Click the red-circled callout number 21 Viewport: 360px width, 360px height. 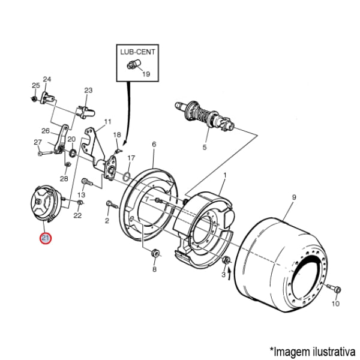pyautogui.click(x=46, y=238)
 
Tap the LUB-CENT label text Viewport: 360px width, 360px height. pyautogui.click(x=137, y=52)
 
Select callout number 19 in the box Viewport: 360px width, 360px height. pyautogui.click(x=146, y=75)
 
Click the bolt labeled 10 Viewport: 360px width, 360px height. pyautogui.click(x=335, y=290)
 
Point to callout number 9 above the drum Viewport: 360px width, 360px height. pyautogui.click(x=294, y=196)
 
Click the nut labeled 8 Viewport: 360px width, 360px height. pyautogui.click(x=155, y=254)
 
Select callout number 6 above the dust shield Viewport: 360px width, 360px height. pyautogui.click(x=154, y=145)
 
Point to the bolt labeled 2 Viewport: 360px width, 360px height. pyautogui.click(x=109, y=205)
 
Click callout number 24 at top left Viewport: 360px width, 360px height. pyautogui.click(x=47, y=79)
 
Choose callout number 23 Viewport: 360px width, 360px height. pyautogui.click(x=88, y=91)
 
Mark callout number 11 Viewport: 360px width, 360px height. pyautogui.click(x=107, y=122)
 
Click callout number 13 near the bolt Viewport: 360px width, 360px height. pyautogui.click(x=82, y=195)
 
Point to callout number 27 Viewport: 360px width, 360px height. pyautogui.click(x=38, y=142)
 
